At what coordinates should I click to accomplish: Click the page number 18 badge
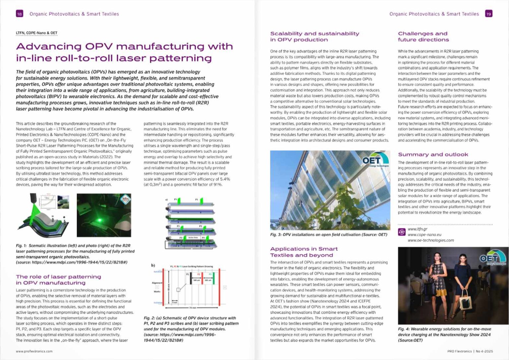[20, 14]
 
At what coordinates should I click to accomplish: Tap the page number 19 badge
[488, 14]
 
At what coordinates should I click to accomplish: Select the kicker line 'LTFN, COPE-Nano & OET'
[36, 33]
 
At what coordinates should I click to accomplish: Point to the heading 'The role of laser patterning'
[58, 276]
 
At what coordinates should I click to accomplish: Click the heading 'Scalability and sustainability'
[314, 33]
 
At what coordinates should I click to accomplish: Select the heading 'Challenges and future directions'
[423, 36]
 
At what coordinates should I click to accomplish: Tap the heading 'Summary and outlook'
[433, 154]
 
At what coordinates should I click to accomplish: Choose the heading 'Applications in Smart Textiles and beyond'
[304, 252]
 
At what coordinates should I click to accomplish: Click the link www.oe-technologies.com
[430, 240]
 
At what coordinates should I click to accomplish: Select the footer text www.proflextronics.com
[34, 351]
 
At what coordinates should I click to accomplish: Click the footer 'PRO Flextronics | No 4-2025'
[470, 351]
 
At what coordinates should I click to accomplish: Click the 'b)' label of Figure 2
[153, 265]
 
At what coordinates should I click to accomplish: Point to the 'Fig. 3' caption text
[328, 235]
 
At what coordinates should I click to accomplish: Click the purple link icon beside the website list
[402, 232]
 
